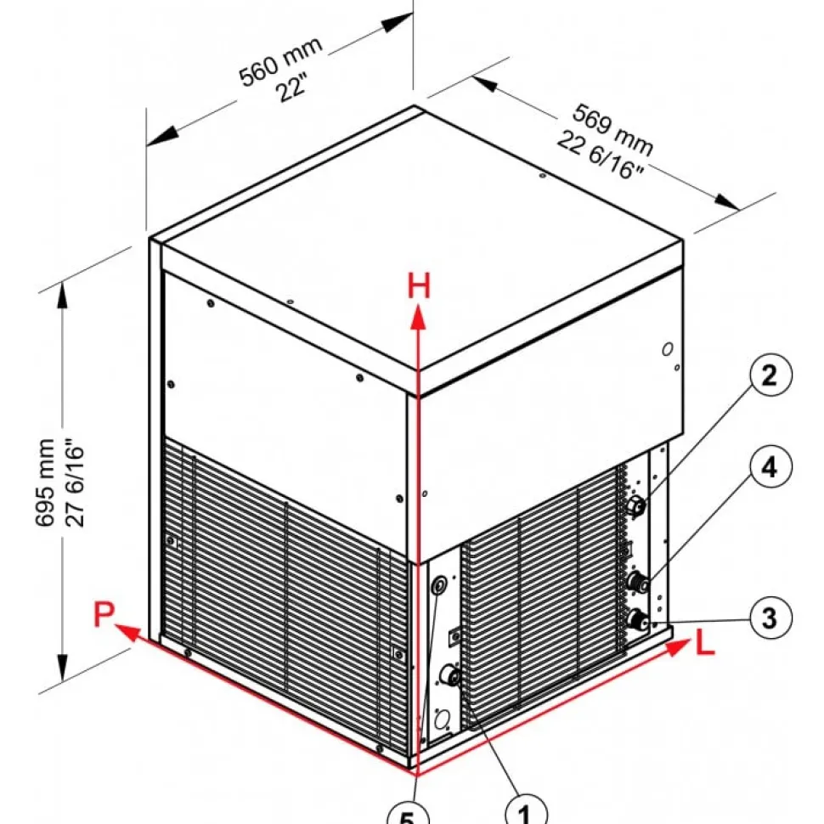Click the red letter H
[419, 286]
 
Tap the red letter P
[104, 614]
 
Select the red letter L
[705, 643]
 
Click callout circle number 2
[770, 375]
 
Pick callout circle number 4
[770, 466]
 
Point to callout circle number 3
[770, 618]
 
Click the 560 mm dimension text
[280, 61]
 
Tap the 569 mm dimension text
[612, 130]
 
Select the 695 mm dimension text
[46, 483]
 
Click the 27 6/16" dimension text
[74, 486]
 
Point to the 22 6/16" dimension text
[600, 155]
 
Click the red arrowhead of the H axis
[418, 319]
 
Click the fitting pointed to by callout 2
[636, 505]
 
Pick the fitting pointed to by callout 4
[638, 582]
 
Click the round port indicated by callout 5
[439, 584]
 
